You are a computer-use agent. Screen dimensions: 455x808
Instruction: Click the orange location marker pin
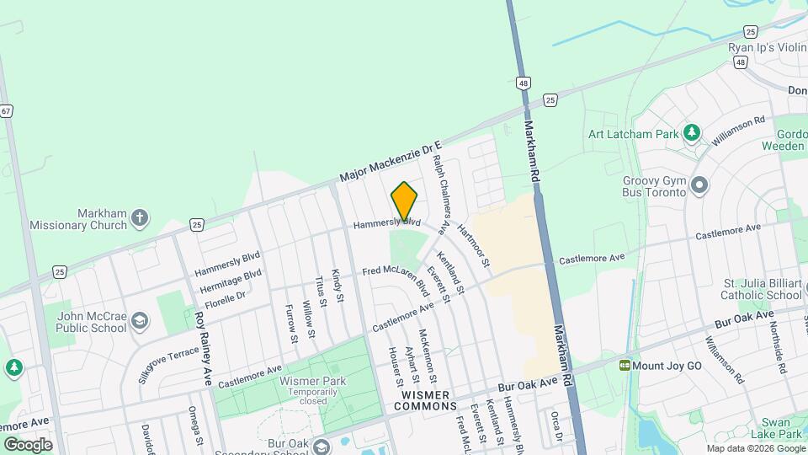[x=404, y=202]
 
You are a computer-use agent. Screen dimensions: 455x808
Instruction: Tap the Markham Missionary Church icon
[x=141, y=219]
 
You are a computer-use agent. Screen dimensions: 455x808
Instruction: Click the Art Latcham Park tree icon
[x=692, y=132]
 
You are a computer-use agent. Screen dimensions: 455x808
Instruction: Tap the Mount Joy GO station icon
[x=625, y=366]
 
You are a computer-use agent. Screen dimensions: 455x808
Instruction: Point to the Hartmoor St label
[x=473, y=244]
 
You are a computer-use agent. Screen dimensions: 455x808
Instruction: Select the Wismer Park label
[x=301, y=381]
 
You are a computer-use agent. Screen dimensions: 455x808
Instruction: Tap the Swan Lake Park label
[x=779, y=427]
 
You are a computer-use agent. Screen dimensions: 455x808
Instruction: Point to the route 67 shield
[x=6, y=110]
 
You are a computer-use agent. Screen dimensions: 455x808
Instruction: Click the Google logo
[x=28, y=444]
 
